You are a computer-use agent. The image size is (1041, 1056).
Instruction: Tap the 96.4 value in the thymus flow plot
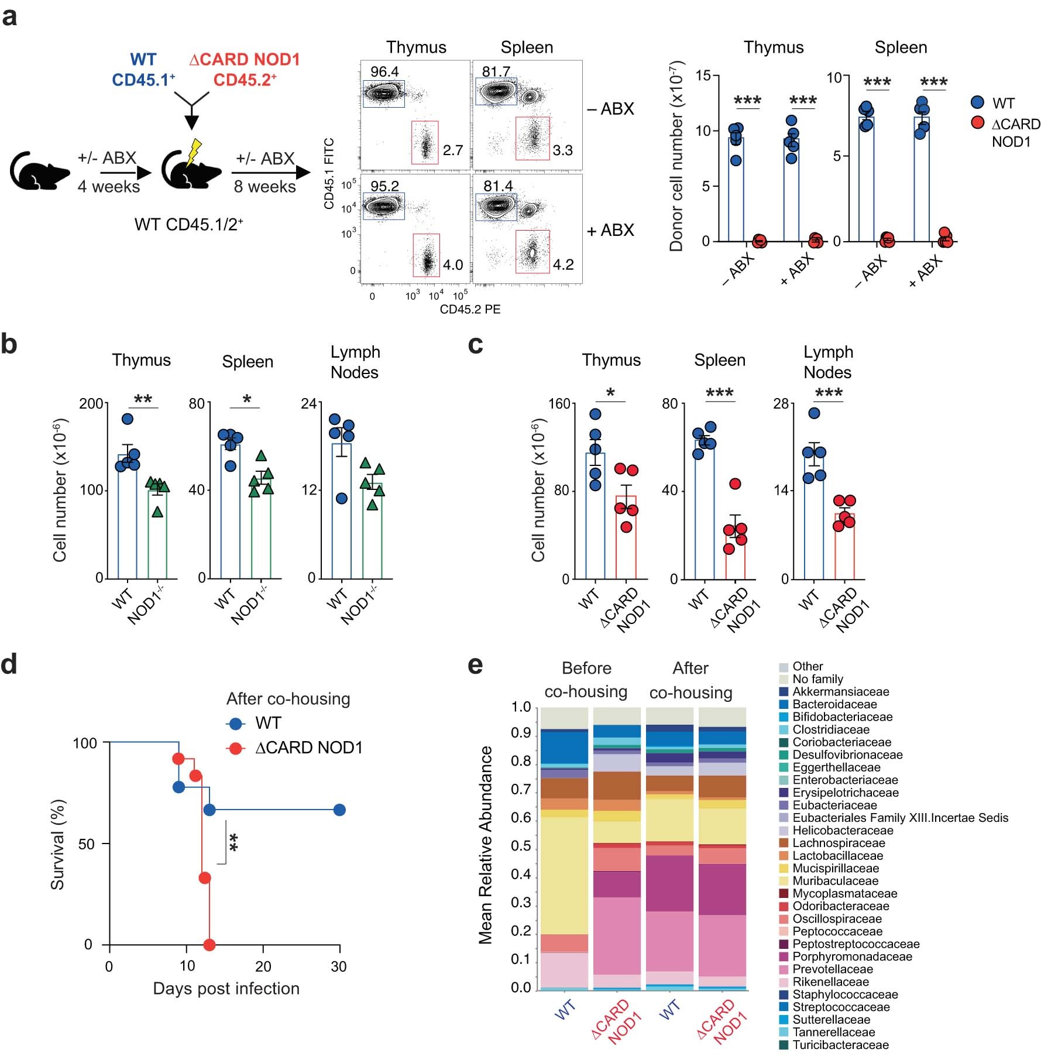click(x=384, y=71)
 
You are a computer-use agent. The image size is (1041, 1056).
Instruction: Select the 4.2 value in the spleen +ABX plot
click(x=563, y=265)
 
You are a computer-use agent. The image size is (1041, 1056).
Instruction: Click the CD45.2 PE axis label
click(x=470, y=309)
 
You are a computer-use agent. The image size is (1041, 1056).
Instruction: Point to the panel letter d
click(x=9, y=665)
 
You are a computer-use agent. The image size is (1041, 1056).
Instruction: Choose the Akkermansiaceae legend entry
click(x=840, y=692)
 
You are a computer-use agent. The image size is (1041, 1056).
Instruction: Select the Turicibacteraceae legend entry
click(x=840, y=1045)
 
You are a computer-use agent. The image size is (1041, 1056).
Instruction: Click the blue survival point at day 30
click(x=339, y=810)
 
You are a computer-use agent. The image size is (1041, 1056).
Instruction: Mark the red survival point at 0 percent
click(x=209, y=945)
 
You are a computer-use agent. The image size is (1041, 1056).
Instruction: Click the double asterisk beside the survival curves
click(x=233, y=843)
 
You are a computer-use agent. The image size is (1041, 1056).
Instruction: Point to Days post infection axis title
click(x=226, y=989)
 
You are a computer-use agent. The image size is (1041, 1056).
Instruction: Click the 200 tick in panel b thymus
click(x=91, y=403)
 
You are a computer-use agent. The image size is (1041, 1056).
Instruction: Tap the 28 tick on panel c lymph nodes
click(x=781, y=403)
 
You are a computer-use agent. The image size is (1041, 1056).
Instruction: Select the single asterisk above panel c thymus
click(x=610, y=392)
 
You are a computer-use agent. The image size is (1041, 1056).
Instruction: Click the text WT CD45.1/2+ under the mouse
click(x=188, y=224)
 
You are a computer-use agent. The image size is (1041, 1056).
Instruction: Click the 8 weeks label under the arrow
click(x=264, y=187)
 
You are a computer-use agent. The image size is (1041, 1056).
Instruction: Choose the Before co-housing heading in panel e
click(x=586, y=680)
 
